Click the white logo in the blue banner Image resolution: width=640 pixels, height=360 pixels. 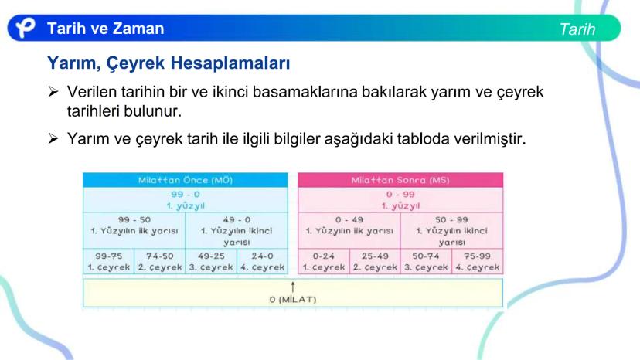click(x=26, y=28)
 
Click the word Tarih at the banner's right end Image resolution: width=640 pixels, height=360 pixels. click(x=577, y=29)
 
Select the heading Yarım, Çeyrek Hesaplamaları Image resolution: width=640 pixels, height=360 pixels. click(x=169, y=63)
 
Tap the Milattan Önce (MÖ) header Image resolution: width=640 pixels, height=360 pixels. click(x=186, y=180)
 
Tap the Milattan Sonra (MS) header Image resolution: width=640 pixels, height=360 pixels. click(x=400, y=180)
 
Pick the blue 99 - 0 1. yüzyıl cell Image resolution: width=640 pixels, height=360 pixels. click(x=186, y=200)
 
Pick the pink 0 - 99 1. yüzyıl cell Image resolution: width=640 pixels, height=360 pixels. click(x=400, y=200)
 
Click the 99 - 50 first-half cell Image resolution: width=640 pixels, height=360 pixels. click(x=134, y=231)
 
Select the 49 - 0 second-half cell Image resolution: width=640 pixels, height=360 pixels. click(x=237, y=231)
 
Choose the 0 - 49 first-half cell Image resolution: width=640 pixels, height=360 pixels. click(x=349, y=231)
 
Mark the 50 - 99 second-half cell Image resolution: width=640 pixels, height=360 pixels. click(x=452, y=231)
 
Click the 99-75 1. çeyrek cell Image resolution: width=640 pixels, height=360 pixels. click(x=108, y=261)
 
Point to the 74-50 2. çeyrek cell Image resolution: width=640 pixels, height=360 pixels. click(x=160, y=261)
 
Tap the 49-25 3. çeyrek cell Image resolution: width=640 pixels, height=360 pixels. click(x=211, y=261)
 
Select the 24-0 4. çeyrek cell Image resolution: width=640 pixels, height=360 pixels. click(x=262, y=261)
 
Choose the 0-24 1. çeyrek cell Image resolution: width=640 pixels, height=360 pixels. click(x=324, y=261)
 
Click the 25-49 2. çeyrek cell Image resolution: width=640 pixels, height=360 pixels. click(x=375, y=261)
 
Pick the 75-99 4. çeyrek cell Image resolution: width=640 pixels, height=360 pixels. click(x=478, y=261)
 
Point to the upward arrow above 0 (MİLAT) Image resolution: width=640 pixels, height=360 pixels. click(x=293, y=287)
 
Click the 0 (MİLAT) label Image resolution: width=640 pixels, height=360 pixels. click(x=293, y=300)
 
